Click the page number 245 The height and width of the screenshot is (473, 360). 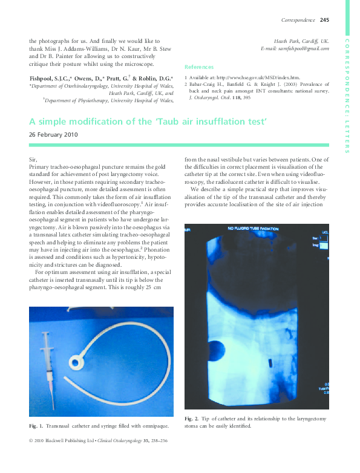click(324, 20)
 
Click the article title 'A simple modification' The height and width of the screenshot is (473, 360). click(148, 122)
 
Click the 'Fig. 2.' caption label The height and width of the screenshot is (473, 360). click(192, 419)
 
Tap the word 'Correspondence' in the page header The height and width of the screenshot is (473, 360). click(298, 20)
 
